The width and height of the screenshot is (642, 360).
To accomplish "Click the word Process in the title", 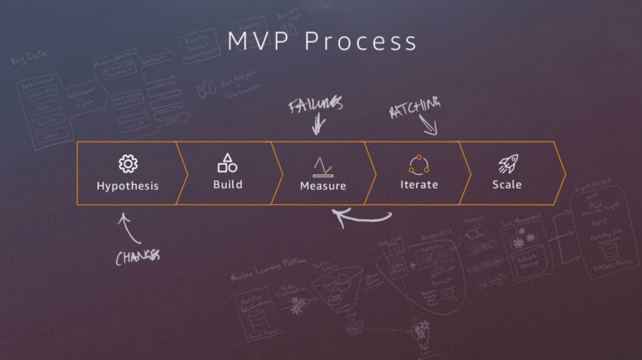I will pyautogui.click(x=362, y=41).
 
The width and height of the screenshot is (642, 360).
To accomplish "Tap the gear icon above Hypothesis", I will pyautogui.click(x=128, y=164).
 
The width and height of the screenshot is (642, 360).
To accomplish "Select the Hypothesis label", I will pyautogui.click(x=128, y=186).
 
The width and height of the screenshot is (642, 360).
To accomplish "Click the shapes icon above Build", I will pyautogui.click(x=228, y=163).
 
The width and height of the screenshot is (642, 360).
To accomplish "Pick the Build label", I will pyautogui.click(x=228, y=184).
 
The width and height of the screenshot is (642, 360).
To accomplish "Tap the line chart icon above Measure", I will pyautogui.click(x=323, y=166).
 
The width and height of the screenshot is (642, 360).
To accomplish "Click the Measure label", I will pyautogui.click(x=323, y=186).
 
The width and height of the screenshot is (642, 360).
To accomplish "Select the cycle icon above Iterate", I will pyautogui.click(x=419, y=164).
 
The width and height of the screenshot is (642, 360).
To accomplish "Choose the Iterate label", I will pyautogui.click(x=419, y=184).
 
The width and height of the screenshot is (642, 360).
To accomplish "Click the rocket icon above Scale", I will pyautogui.click(x=507, y=164).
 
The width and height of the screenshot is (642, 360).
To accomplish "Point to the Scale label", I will pyautogui.click(x=507, y=184).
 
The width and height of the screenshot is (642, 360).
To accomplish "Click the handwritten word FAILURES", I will pyautogui.click(x=315, y=105).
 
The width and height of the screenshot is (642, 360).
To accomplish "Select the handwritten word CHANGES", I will pyautogui.click(x=138, y=256).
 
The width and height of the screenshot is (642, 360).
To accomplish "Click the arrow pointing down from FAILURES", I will pyautogui.click(x=318, y=126).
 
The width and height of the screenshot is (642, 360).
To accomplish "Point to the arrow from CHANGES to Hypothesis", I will pyautogui.click(x=129, y=228).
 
